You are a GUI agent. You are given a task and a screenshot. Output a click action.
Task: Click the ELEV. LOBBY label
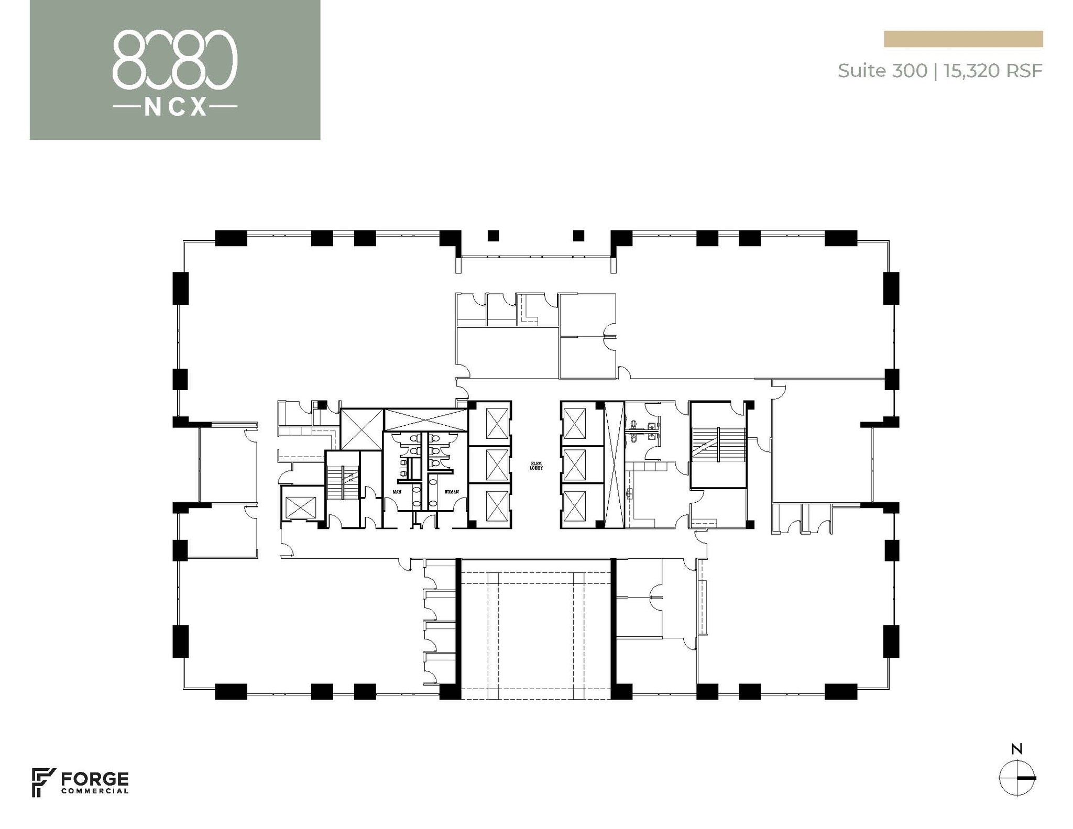(536, 465)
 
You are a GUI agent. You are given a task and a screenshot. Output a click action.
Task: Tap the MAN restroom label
(397, 492)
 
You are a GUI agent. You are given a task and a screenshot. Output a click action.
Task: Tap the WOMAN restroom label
(452, 492)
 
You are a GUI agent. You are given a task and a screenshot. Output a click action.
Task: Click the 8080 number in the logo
(175, 59)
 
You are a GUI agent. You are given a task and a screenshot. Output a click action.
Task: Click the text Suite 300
(882, 71)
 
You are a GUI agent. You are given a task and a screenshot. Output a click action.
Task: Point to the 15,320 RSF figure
(993, 71)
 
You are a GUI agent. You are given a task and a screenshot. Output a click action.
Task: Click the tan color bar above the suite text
(963, 39)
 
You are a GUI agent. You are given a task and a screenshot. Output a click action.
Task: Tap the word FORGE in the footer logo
(95, 779)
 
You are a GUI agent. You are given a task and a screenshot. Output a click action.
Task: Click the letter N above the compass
(1016, 749)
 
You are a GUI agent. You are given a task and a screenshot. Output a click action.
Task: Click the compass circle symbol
(1016, 778)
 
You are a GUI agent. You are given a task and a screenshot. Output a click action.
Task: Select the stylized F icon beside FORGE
(43, 782)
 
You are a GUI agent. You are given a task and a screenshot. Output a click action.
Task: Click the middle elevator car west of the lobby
(497, 465)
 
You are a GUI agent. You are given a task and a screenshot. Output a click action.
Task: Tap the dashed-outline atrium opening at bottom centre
(535, 628)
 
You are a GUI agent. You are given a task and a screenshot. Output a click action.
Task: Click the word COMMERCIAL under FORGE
(95, 791)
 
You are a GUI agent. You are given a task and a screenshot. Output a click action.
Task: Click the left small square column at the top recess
(492, 236)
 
